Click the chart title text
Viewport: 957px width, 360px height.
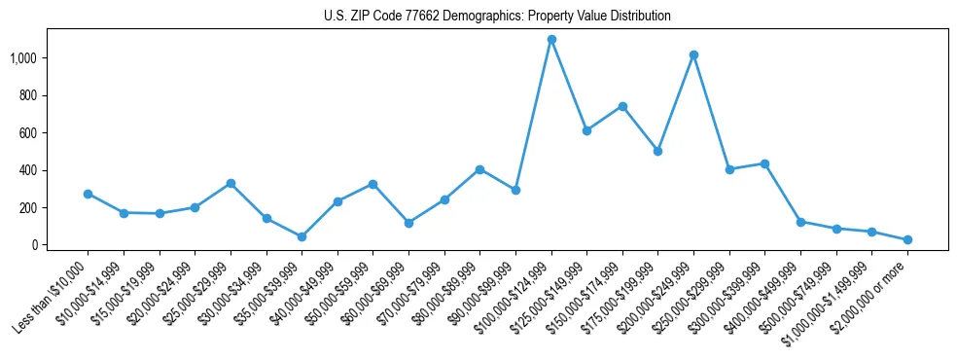point(497,17)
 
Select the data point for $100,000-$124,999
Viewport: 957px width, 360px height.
point(551,40)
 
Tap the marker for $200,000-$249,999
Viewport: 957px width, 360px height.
point(693,55)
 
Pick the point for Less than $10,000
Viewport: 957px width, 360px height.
point(88,194)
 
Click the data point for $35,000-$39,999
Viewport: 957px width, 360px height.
point(301,236)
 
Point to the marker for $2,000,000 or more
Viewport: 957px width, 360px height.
point(907,239)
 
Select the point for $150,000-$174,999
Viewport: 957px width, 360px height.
point(622,106)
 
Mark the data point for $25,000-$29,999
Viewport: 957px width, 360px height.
point(230,183)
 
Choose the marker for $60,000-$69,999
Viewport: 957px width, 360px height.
point(408,223)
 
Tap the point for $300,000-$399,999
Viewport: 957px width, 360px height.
point(764,163)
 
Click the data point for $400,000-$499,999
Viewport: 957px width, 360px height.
point(800,222)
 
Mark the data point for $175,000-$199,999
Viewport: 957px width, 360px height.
point(658,151)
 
